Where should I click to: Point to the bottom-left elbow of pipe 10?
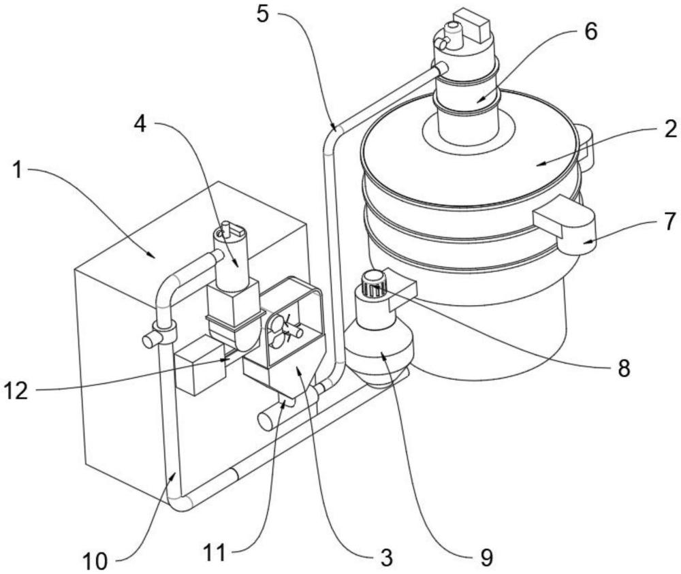click(181, 503)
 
